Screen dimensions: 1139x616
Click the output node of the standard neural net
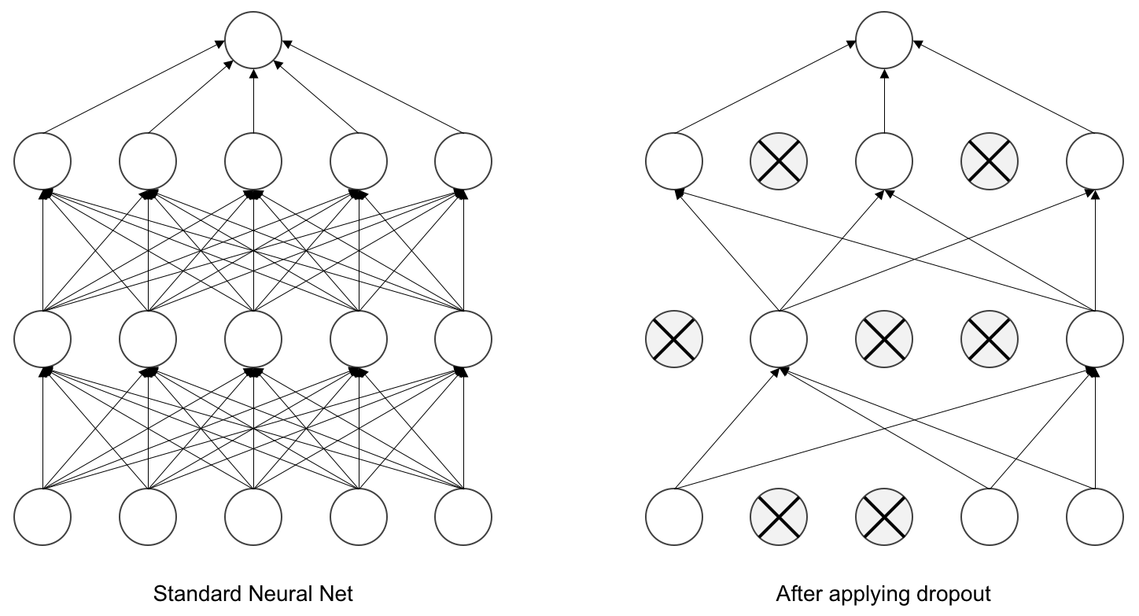click(253, 40)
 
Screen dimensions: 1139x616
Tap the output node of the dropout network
click(884, 40)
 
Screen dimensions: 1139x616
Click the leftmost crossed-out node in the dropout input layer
click(779, 517)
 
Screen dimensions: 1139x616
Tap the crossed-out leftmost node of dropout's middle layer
click(674, 339)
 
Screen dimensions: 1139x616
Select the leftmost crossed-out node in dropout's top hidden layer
click(779, 162)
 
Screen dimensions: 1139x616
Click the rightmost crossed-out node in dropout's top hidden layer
click(990, 162)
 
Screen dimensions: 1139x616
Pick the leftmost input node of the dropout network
click(674, 517)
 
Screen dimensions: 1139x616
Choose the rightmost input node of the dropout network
click(1095, 517)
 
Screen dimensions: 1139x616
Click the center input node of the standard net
click(253, 517)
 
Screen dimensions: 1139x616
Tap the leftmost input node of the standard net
click(42, 517)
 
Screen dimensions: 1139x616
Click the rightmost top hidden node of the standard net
click(463, 162)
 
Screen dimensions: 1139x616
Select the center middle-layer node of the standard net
click(253, 339)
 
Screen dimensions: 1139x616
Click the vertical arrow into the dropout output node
click(884, 101)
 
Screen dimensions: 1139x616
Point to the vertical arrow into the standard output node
click(253, 101)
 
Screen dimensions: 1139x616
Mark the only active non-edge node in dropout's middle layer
click(779, 339)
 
